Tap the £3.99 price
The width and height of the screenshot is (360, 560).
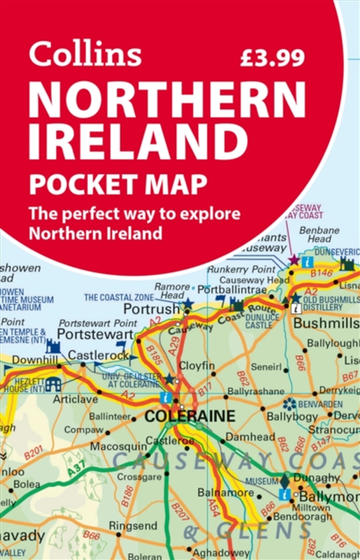(x=272, y=57)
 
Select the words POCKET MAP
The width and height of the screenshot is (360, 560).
(x=118, y=185)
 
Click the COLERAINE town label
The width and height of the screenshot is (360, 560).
(x=190, y=416)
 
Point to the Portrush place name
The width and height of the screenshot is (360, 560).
(x=152, y=309)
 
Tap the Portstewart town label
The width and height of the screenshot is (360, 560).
(x=96, y=334)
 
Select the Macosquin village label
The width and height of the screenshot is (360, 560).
(x=119, y=447)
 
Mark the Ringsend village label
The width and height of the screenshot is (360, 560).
(x=133, y=525)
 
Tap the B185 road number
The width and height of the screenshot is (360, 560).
(x=153, y=355)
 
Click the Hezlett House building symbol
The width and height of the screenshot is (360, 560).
(x=53, y=384)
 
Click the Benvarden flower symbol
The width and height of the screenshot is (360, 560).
(x=289, y=403)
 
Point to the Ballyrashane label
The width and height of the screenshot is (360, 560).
(x=256, y=391)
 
